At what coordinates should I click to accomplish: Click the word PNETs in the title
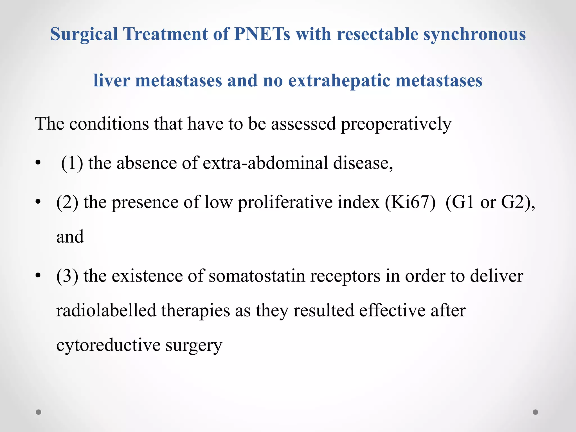point(262,34)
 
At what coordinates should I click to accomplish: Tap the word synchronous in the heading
point(474,34)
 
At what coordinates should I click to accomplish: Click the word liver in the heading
point(111,80)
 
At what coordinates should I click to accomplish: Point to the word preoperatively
point(396,124)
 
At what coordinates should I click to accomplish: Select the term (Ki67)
point(410,202)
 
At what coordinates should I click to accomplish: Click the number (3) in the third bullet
point(67,276)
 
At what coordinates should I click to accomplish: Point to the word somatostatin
point(257,276)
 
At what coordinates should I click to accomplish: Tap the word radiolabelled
point(106,310)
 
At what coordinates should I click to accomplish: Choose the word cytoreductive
point(108,345)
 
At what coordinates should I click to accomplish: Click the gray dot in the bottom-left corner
point(39,412)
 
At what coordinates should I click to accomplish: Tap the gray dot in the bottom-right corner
point(535,412)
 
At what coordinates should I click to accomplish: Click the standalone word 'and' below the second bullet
point(70,237)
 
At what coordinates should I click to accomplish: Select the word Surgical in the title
point(84,34)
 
